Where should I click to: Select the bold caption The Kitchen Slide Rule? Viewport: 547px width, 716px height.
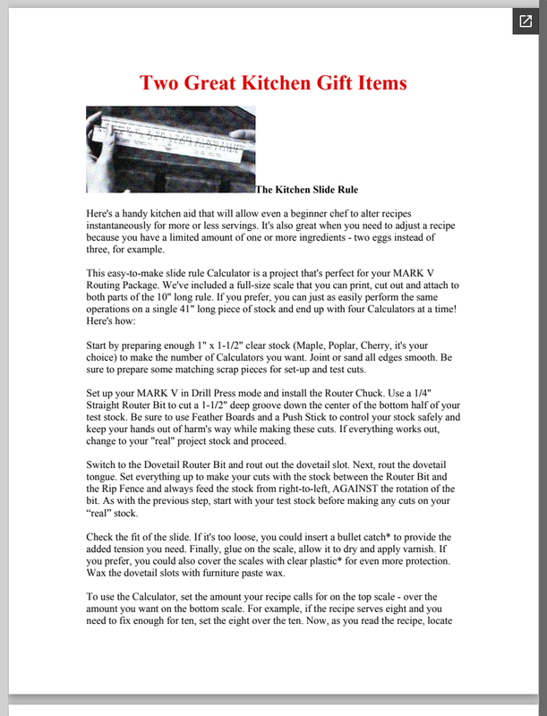(x=307, y=190)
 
